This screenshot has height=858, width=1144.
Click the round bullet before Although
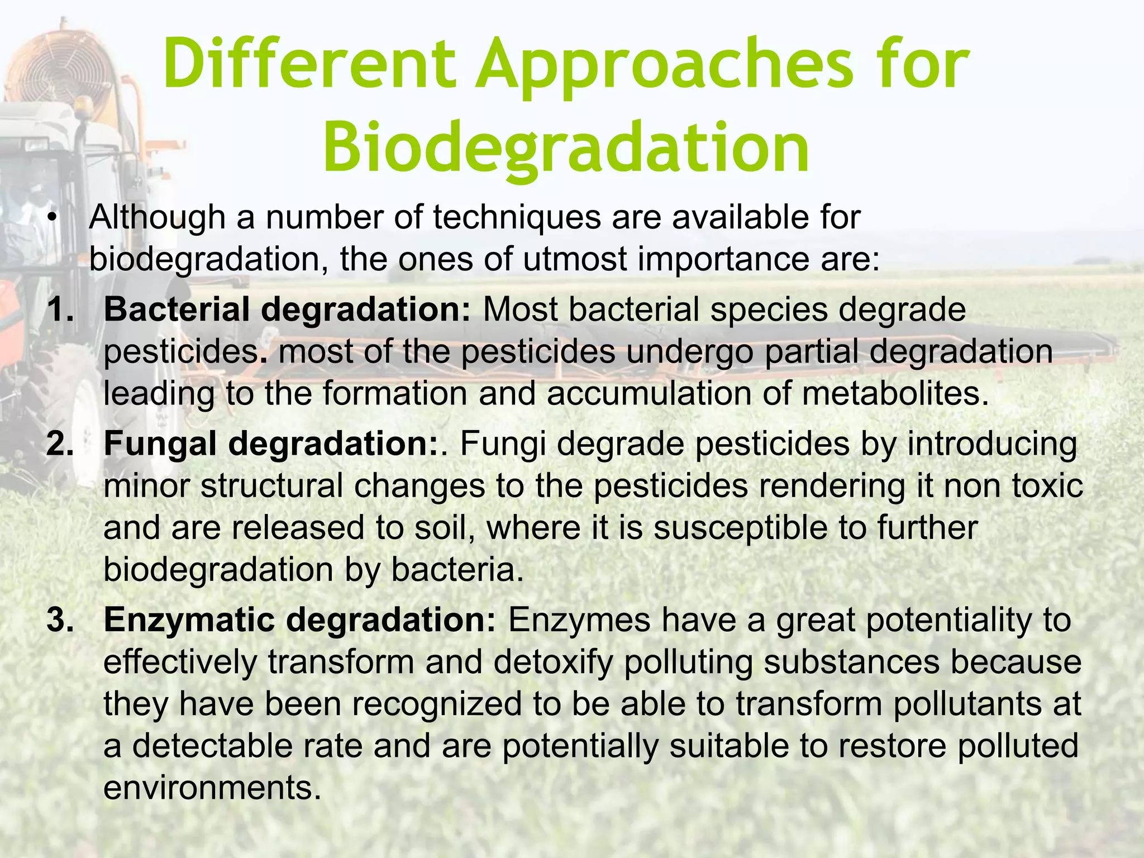coord(53,218)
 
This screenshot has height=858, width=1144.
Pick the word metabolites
coord(892,393)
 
